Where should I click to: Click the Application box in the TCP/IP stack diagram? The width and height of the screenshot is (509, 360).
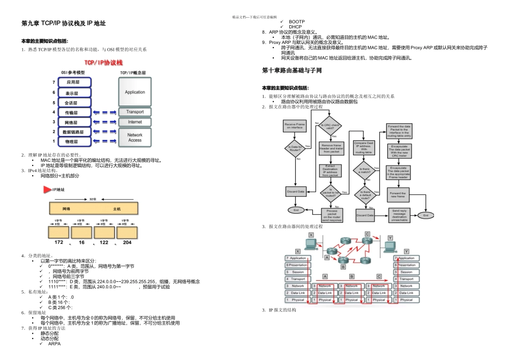(x=135, y=92)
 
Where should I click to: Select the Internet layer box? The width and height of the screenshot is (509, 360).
(x=135, y=122)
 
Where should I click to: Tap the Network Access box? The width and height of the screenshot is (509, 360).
(x=135, y=137)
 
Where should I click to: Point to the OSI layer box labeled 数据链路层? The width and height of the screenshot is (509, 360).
(x=73, y=132)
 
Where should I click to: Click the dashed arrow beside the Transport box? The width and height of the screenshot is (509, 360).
(x=105, y=112)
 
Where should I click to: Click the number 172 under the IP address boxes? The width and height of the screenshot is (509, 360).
(x=59, y=242)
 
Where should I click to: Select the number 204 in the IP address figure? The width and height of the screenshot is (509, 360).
(x=127, y=242)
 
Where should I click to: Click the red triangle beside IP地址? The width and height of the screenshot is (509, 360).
(x=47, y=190)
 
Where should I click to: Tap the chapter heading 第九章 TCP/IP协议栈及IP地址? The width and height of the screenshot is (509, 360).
(x=63, y=24)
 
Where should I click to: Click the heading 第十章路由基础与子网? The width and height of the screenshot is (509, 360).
(x=292, y=70)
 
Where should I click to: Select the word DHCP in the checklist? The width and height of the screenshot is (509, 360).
(x=295, y=27)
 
